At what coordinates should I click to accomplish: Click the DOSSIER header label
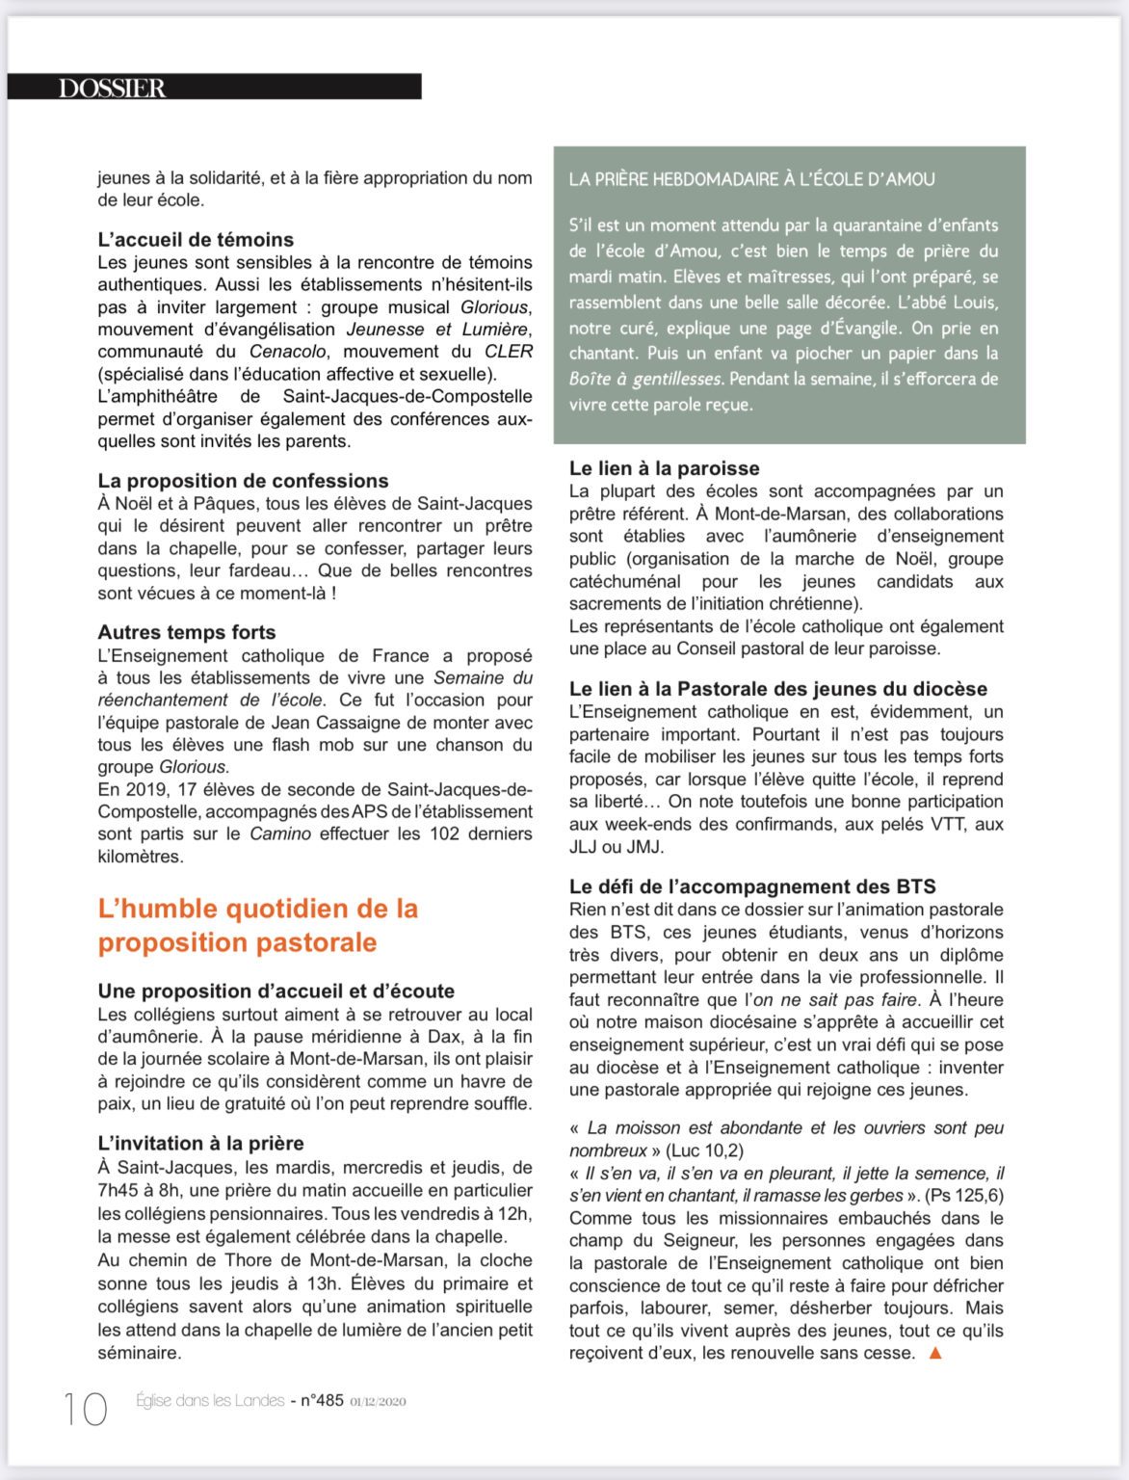click(x=113, y=88)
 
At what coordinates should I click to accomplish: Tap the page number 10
click(x=86, y=1409)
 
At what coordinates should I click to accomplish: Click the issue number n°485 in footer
click(x=322, y=1400)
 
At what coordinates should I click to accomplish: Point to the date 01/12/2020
click(x=378, y=1401)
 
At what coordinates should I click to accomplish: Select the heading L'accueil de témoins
click(x=196, y=239)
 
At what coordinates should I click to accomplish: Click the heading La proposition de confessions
click(x=243, y=480)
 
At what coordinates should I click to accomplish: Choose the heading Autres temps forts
click(x=187, y=632)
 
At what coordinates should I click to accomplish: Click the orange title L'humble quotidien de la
click(x=258, y=909)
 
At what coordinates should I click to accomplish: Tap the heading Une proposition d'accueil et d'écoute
click(x=276, y=991)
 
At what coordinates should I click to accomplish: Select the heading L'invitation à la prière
click(x=200, y=1143)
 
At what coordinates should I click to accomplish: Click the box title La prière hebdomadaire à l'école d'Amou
click(x=751, y=179)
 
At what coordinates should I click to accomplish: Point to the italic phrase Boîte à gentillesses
click(x=644, y=379)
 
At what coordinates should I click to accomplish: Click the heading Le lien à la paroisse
click(x=664, y=468)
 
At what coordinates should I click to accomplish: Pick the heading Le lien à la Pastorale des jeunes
click(x=778, y=689)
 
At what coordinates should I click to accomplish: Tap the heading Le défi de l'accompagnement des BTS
click(x=752, y=886)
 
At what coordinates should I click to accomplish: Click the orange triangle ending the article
click(x=934, y=1353)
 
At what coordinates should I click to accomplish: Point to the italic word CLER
click(x=508, y=352)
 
